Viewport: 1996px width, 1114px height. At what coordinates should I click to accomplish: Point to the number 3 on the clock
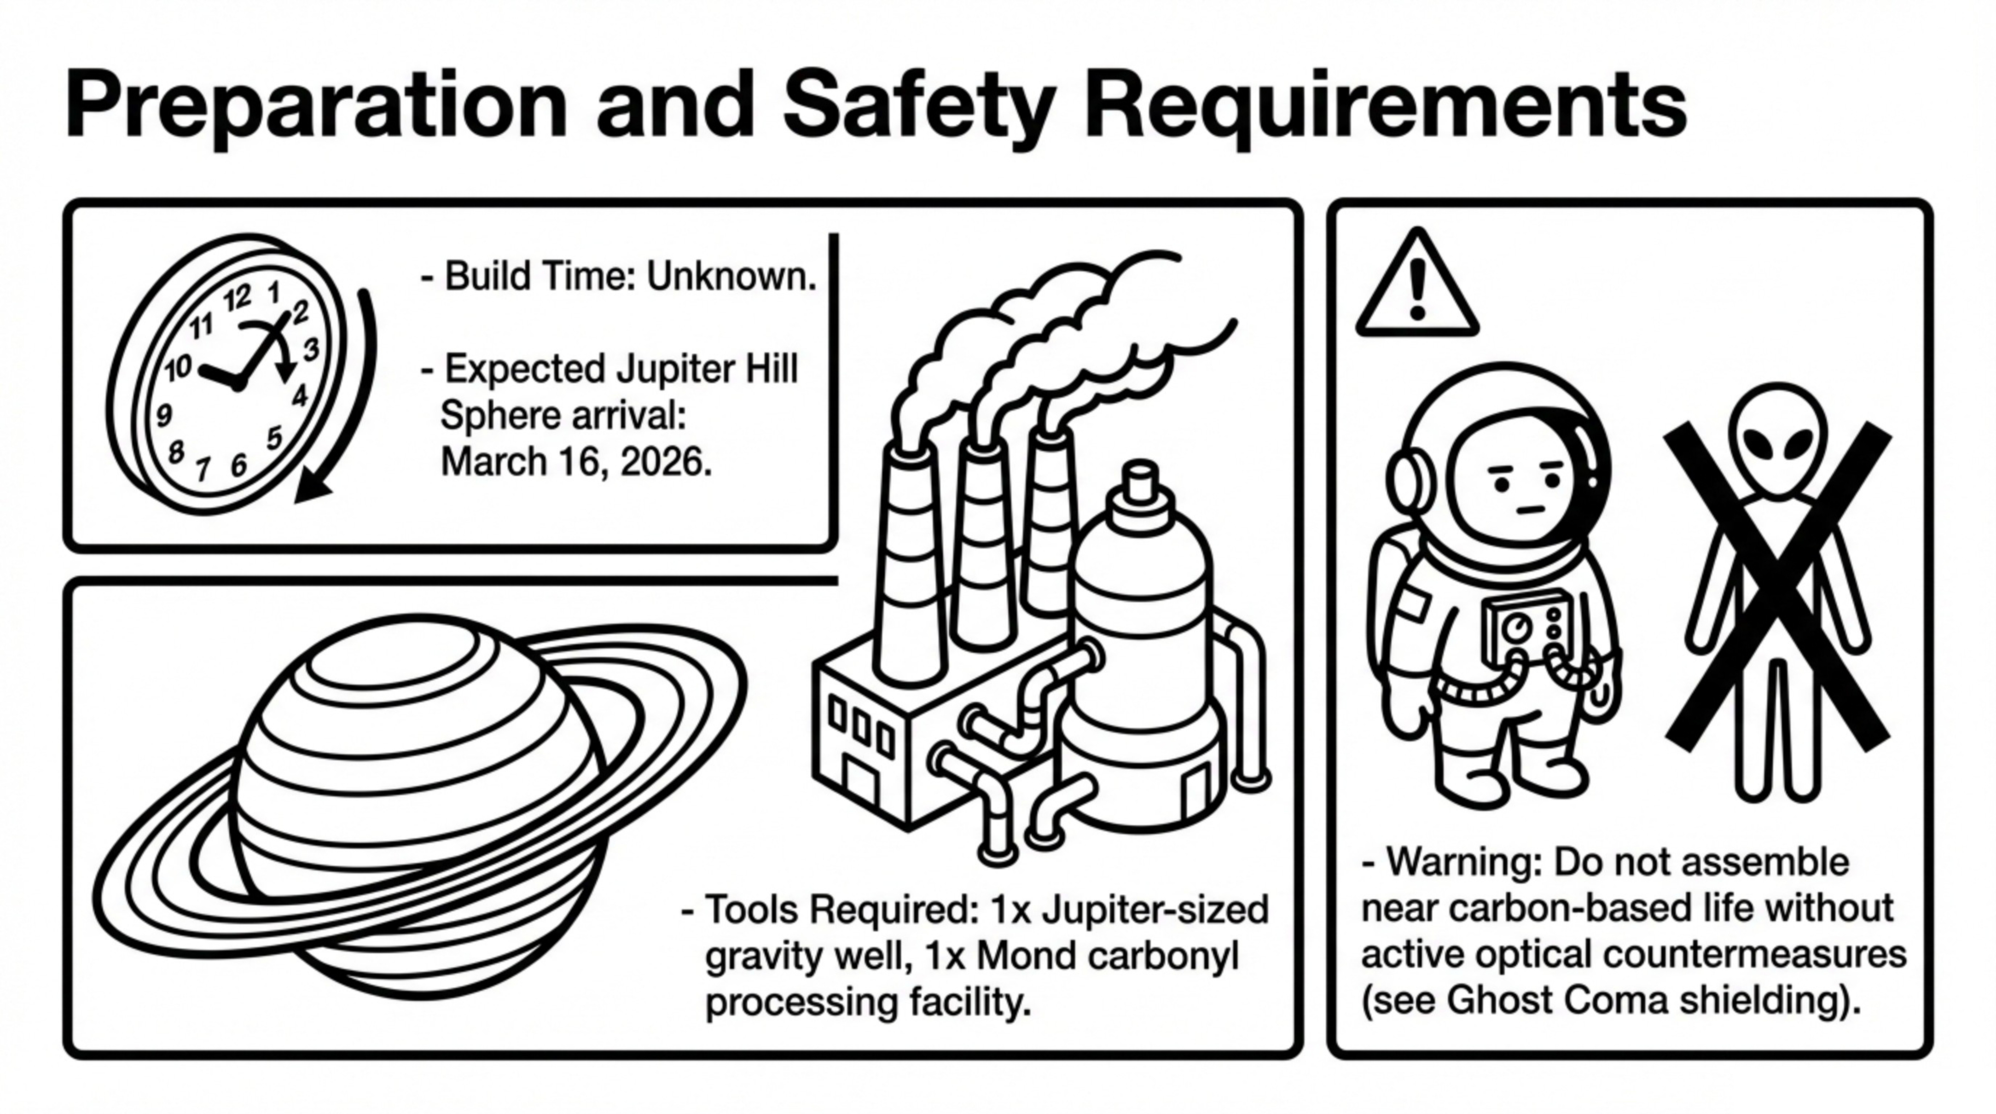[311, 350]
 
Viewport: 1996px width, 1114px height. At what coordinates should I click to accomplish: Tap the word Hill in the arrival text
[771, 369]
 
